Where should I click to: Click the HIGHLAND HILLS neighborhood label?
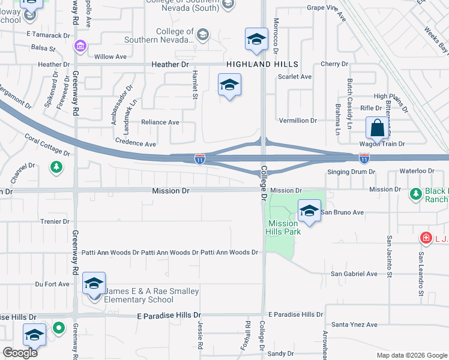(262, 64)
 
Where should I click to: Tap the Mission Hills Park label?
(283, 227)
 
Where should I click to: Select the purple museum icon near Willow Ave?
(79, 46)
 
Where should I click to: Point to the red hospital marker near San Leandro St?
(426, 238)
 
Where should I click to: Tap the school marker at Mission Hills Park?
(309, 211)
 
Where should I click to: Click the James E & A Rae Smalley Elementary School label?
(152, 295)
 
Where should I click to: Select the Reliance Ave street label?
(160, 122)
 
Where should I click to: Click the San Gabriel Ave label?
(354, 274)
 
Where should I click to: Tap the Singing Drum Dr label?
(351, 172)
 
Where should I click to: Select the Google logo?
(20, 353)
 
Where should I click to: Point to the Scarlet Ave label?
(295, 77)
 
